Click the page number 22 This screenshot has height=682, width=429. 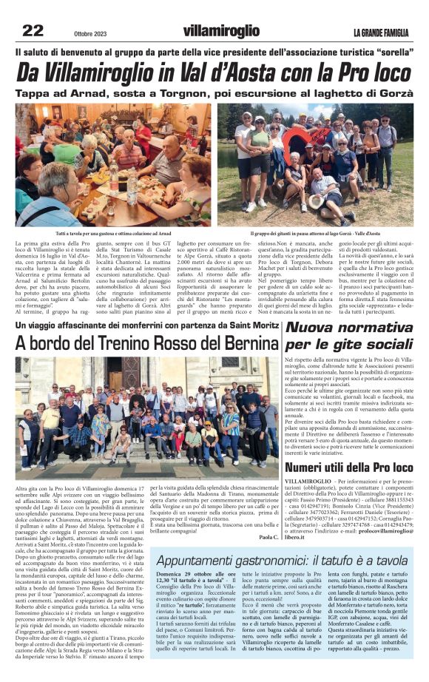[x=33, y=30]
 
